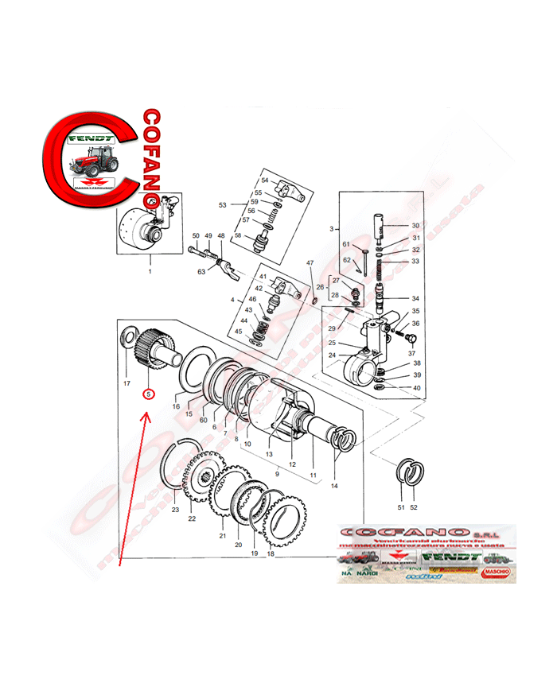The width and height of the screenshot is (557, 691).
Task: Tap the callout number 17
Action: point(126,383)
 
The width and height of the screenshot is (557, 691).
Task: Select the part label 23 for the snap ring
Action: point(175,510)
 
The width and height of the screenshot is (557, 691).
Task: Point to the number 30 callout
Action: point(415,226)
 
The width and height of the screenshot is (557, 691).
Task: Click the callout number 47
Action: point(310,263)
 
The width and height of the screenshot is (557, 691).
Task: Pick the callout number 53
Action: point(223,205)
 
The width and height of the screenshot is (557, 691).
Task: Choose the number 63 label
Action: point(201,272)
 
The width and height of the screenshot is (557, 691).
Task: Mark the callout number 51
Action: point(401,507)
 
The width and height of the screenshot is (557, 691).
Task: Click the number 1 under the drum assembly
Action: point(149,271)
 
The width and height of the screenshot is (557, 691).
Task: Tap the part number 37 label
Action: point(412,352)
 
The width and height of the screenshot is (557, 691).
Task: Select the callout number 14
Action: point(334,486)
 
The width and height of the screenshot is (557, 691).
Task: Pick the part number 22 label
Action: point(192,519)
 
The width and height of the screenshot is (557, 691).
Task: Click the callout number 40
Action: point(416,388)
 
